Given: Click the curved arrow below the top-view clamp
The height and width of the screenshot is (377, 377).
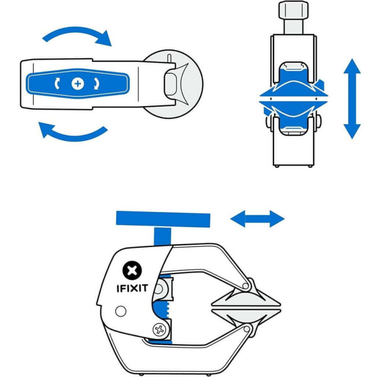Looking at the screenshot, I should [x=73, y=132].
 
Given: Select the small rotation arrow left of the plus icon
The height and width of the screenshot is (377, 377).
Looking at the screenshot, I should [x=57, y=83].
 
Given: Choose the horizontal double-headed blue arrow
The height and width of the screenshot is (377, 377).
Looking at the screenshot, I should [x=257, y=219].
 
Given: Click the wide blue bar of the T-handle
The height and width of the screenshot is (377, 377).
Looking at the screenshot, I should [x=163, y=219].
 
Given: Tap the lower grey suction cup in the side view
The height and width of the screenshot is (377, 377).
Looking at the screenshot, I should [x=245, y=314].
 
